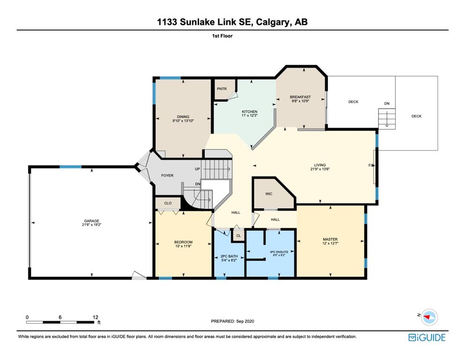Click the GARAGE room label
pyautogui.click(x=92, y=221)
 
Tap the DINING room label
pyautogui.click(x=183, y=117)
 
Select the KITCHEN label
pyautogui.click(x=250, y=112)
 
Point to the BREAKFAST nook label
pyautogui.click(x=301, y=97)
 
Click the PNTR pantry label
pyautogui.click(x=222, y=89)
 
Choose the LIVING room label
pyautogui.click(x=320, y=165)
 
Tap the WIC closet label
pyautogui.click(x=269, y=194)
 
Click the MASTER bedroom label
pyautogui.click(x=330, y=239)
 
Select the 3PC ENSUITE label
pyautogui.click(x=279, y=252)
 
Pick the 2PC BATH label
pyautogui.click(x=229, y=256)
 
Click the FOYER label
pyautogui.click(x=167, y=175)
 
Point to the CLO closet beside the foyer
pyautogui.click(x=168, y=203)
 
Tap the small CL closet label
pyautogui.click(x=239, y=236)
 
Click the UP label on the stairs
pyautogui.click(x=198, y=169)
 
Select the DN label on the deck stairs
pyautogui.click(x=387, y=104)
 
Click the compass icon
pyautogui.click(x=429, y=317)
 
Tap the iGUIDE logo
pyautogui.click(x=427, y=337)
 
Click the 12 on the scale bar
pyautogui.click(x=95, y=317)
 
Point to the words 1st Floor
pyautogui.click(x=222, y=36)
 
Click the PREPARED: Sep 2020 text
pyautogui.click(x=232, y=321)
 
